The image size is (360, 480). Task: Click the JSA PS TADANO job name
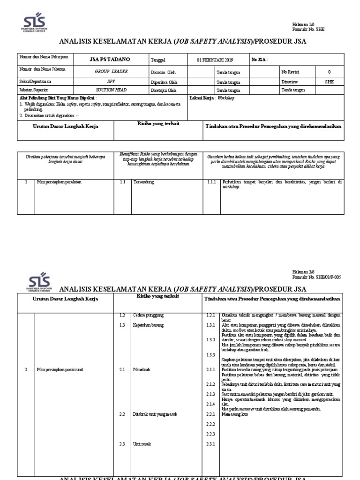click(110, 60)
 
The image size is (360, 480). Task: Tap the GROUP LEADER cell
click(111, 71)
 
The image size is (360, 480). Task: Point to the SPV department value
click(111, 81)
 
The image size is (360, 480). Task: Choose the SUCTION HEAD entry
click(111, 90)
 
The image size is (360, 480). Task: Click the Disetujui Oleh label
click(164, 90)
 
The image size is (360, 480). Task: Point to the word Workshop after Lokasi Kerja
click(225, 98)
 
